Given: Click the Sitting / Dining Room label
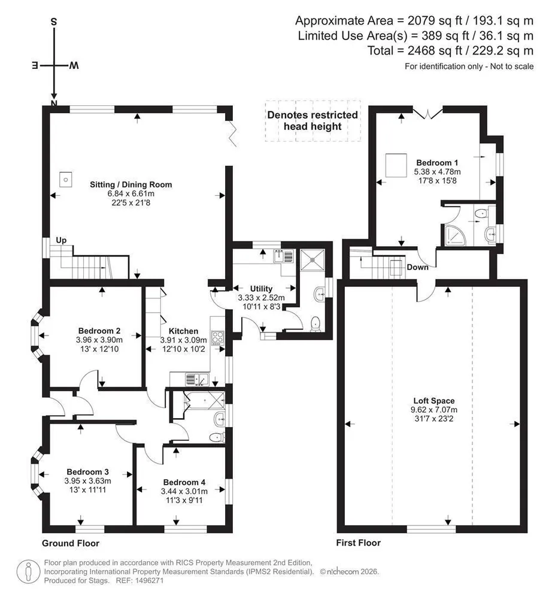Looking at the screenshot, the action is (x=131, y=184).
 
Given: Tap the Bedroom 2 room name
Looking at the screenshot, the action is (x=99, y=331).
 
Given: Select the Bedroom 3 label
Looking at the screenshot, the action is (x=88, y=472).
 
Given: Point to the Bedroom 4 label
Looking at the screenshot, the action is (x=184, y=482).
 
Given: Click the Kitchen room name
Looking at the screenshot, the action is (x=184, y=331).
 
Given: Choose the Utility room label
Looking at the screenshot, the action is (x=261, y=289).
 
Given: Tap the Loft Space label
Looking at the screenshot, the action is (x=434, y=401).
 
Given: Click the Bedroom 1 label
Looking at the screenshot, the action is (x=437, y=163).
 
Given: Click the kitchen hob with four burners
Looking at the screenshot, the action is (x=217, y=338).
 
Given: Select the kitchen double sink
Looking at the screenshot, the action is (x=197, y=379).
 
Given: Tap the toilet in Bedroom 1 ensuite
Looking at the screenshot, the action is (x=481, y=213).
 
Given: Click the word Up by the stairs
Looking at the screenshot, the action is (x=61, y=240).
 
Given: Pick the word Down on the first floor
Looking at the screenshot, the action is (x=417, y=267).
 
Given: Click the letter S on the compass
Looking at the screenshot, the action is (x=54, y=22).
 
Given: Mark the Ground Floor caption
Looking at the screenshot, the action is (x=71, y=543).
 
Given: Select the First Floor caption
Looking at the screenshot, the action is (x=359, y=543).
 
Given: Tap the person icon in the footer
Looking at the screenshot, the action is (x=28, y=572).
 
